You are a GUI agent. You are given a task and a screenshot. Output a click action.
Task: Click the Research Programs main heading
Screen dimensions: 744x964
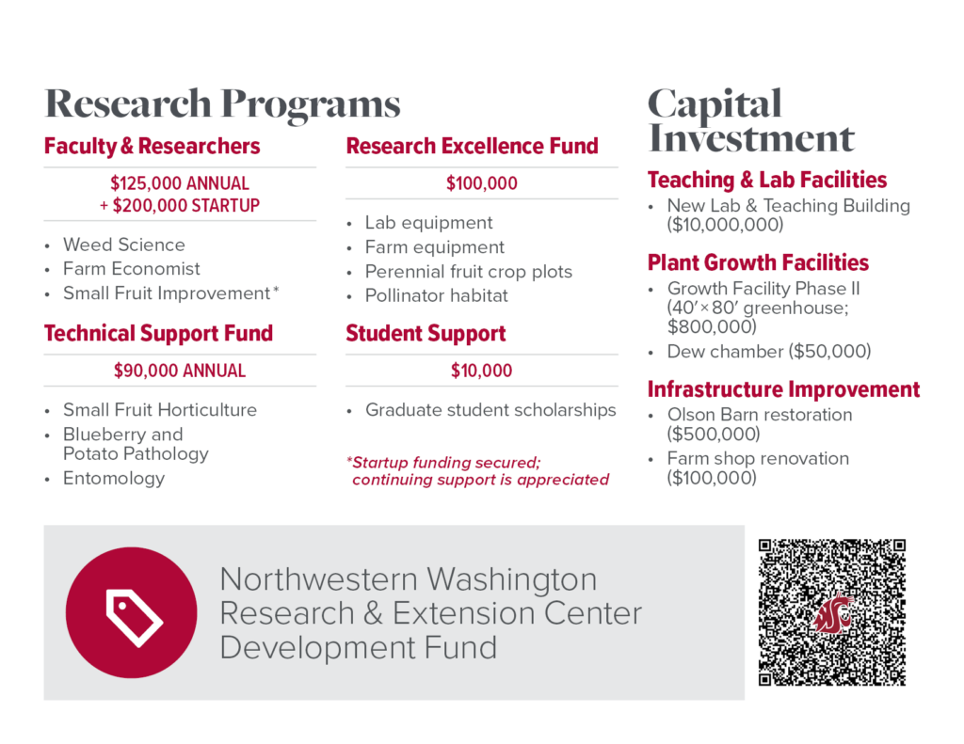point(222,103)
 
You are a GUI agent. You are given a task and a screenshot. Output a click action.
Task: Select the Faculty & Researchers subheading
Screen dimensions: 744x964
point(152,147)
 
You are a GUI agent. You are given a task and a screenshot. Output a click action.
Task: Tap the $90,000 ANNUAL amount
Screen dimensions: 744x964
point(179,371)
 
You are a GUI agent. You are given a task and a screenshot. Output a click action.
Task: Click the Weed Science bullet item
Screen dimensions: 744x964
point(123,245)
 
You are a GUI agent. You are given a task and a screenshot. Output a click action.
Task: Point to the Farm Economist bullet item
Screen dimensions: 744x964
point(131,269)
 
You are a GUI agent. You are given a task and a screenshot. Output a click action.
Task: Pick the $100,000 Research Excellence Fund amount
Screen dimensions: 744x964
point(481,183)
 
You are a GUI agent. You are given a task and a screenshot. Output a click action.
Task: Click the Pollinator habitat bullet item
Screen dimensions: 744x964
point(436,295)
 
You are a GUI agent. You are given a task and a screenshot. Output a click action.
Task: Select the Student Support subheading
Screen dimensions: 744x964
point(426,334)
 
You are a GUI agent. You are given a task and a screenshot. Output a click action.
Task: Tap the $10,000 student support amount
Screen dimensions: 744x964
point(481,371)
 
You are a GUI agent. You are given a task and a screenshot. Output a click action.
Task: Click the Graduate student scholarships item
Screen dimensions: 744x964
point(490,410)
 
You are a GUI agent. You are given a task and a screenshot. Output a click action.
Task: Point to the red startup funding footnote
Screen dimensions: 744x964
point(478,470)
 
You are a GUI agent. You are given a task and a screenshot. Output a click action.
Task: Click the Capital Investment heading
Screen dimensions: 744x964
point(750,121)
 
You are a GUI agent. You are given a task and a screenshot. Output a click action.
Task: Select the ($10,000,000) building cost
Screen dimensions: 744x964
point(725,226)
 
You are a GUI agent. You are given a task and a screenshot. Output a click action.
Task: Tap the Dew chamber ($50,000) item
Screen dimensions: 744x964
point(768,352)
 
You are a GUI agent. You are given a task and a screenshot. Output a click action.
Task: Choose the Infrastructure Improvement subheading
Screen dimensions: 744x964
point(783,389)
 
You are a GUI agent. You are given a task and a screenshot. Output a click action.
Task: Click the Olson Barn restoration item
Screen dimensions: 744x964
point(759,415)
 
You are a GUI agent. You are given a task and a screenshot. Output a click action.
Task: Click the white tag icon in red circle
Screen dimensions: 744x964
point(132,612)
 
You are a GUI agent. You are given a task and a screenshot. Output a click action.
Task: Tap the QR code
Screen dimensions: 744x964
point(831,612)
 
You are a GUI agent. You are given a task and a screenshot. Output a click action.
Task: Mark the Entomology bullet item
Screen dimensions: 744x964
point(113,478)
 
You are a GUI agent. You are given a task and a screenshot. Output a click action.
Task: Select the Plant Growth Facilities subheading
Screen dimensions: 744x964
point(758,263)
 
